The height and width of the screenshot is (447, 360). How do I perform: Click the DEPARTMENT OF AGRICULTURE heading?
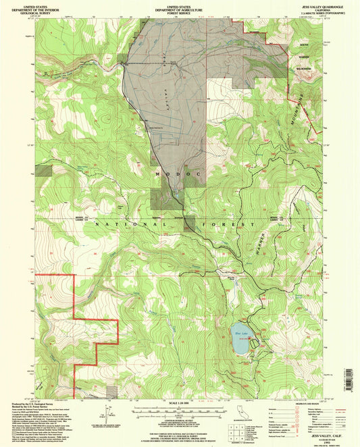pyautogui.click(x=179, y=8)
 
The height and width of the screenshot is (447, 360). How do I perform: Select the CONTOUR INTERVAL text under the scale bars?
pyautogui.click(x=179, y=419)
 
